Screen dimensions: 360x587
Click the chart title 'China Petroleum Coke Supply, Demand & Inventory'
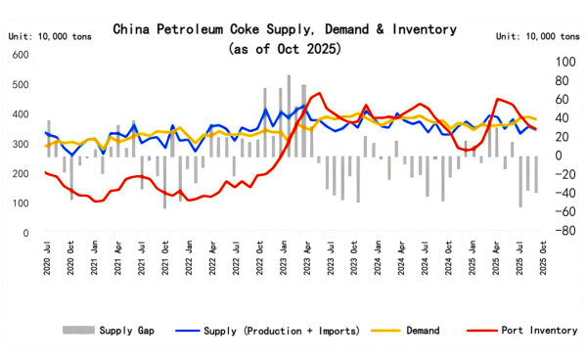click(x=293, y=29)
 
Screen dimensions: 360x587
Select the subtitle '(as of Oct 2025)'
click(x=293, y=48)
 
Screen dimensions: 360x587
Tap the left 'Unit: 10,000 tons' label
click(x=45, y=35)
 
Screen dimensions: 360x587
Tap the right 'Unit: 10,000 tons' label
click(x=538, y=35)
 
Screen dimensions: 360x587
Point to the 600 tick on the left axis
click(x=20, y=55)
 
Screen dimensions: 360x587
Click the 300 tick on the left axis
click(x=20, y=145)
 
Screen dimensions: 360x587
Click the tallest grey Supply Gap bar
click(x=289, y=115)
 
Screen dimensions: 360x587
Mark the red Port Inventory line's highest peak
click(x=319, y=94)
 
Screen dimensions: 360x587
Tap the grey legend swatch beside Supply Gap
click(x=76, y=331)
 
